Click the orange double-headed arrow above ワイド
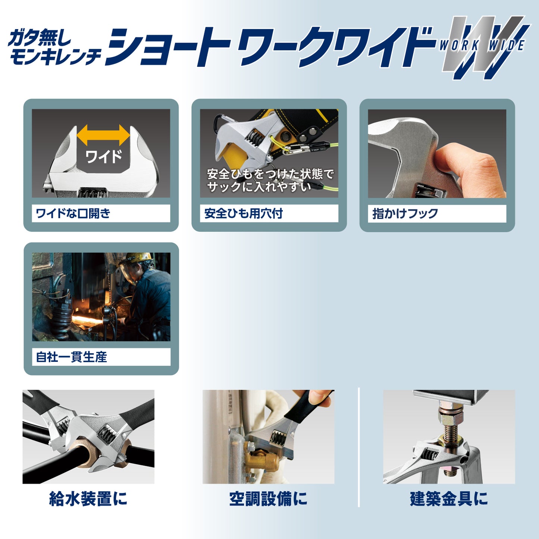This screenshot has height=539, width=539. coord(103,135)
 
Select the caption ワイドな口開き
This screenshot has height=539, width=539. coord(73,213)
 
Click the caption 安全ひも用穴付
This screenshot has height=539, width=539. coord(243,213)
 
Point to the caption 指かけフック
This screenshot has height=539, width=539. coord(405,214)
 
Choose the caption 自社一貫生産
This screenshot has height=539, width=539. coord(71,357)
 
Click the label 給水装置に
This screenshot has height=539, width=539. coord(88,499)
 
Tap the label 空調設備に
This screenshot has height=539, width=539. coord(268,499)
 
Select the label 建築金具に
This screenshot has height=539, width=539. coord(449,499)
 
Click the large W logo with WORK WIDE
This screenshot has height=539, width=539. coord(483,47)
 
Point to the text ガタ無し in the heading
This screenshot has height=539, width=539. coord(39,37)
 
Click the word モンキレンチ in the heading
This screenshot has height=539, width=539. coord(55,57)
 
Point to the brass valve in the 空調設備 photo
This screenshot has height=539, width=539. coord(261,463)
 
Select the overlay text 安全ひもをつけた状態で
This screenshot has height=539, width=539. coord(270,174)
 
